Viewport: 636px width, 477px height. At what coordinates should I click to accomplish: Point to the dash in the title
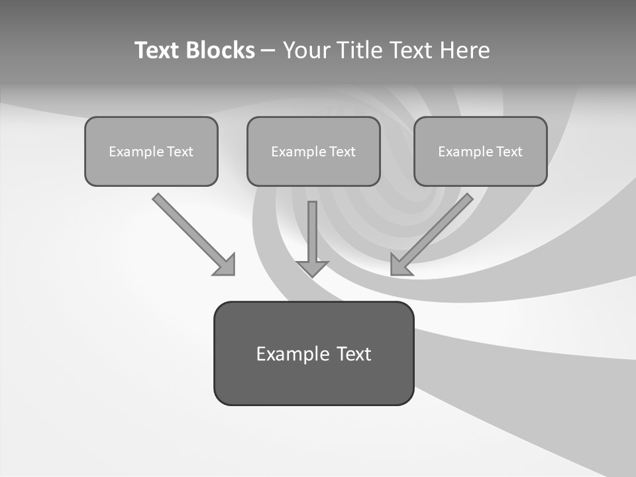tap(268, 50)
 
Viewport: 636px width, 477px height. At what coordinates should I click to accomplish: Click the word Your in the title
tap(305, 50)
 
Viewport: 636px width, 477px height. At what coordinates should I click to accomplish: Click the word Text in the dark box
tap(354, 354)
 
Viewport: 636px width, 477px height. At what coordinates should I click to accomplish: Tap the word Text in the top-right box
tap(509, 152)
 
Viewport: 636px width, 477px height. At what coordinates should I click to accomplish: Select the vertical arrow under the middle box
tap(313, 232)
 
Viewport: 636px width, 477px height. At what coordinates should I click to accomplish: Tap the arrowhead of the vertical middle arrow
tap(313, 268)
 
